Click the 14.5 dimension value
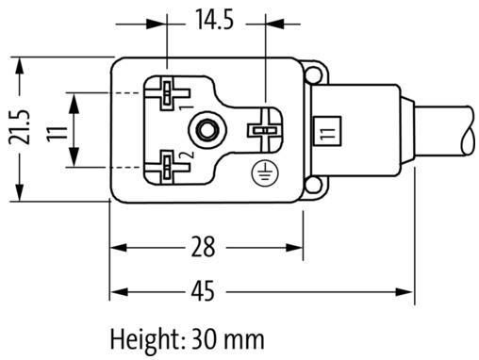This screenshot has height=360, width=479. coord(215,20)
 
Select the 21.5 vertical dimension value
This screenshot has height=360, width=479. coord(20,127)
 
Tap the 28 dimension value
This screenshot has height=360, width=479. coord(204,247)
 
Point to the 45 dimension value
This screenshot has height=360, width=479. coord(204,291)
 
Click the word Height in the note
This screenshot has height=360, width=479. coord(145,340)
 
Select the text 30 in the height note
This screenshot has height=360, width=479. coord(204,339)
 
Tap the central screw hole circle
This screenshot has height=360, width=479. coord(206,129)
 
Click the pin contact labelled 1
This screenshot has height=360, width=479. coord(167,93)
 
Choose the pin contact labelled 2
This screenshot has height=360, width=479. coord(167,167)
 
